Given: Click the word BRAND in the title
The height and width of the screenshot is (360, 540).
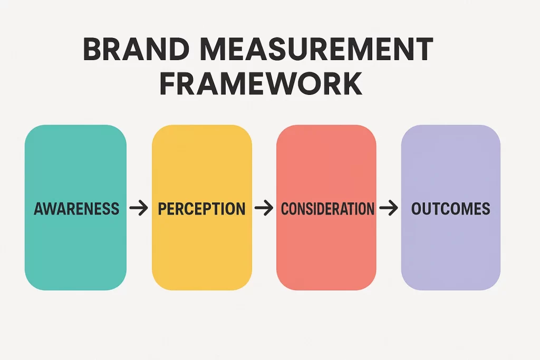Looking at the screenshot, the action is (x=136, y=49).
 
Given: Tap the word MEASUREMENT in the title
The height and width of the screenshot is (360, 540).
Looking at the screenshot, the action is (x=316, y=49).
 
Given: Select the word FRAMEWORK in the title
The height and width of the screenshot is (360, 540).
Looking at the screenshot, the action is (x=261, y=83).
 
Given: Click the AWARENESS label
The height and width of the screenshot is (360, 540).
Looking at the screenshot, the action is (x=76, y=209).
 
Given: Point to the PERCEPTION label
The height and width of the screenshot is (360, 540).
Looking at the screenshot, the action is (x=202, y=209).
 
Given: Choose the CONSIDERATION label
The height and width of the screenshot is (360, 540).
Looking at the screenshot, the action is (x=327, y=209).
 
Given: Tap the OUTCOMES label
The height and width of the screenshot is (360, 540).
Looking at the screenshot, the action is (x=451, y=209).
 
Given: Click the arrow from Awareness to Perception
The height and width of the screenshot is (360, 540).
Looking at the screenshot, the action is (x=139, y=208).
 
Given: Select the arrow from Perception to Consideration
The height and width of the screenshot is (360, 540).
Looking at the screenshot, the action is (x=264, y=208).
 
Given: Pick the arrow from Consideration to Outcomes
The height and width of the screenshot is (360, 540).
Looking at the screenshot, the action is (x=389, y=208).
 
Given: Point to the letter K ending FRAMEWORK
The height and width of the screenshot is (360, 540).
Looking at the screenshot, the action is (x=352, y=83).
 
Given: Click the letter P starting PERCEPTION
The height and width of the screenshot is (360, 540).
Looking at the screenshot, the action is (x=163, y=209).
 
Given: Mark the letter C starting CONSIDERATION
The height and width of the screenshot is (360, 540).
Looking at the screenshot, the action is (x=286, y=209).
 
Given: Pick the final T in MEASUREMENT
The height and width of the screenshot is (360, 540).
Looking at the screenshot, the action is (x=423, y=49).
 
